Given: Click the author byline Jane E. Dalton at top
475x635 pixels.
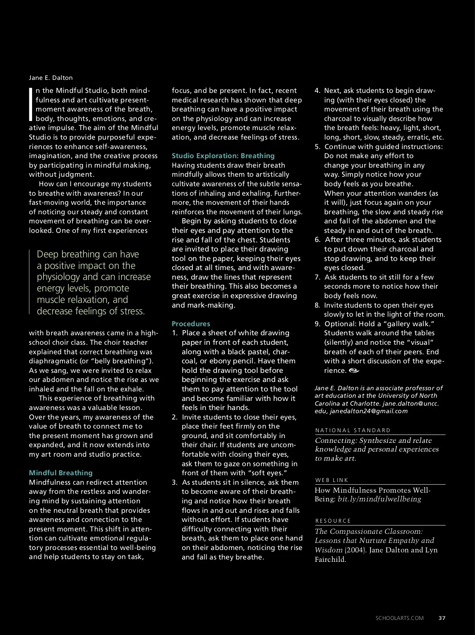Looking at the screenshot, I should coord(51,78).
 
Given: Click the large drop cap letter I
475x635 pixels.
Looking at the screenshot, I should coord(31,104).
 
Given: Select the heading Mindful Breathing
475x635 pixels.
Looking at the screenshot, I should coord(61,473).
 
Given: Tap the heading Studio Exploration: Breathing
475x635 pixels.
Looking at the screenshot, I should coord(223,156).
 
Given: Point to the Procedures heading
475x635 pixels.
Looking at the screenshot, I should coord(191,324).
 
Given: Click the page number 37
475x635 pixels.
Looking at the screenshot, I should coord(442,618).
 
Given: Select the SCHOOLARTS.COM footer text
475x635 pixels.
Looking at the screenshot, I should coord(399,618).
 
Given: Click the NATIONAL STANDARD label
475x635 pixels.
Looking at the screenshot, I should coord(353,430).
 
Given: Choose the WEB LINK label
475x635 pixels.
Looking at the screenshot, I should coord(332,480).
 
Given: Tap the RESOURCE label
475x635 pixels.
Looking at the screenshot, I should coord(333,521).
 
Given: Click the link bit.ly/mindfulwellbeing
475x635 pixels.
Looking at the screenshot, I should coord(379,499).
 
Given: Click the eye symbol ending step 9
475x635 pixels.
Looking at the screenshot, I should coord(354,370).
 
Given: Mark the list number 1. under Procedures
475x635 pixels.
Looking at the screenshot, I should coord(175,333).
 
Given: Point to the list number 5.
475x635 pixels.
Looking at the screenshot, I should coord(317,147).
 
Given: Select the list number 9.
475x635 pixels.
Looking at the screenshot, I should coord(317,324).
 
